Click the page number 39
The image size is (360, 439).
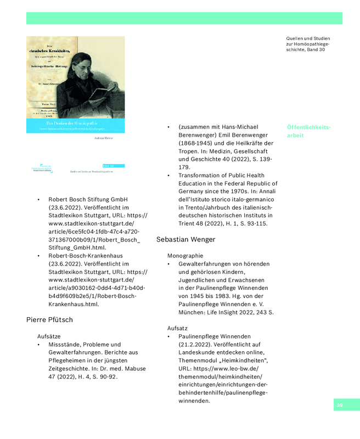(340, 405)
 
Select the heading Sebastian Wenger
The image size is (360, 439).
(185, 239)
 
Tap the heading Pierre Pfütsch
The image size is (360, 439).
(49, 319)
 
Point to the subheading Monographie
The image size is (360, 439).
(185, 256)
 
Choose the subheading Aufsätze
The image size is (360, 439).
(49, 336)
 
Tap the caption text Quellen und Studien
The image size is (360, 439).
(308, 38)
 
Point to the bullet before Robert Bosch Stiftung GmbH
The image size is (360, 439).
(38, 200)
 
